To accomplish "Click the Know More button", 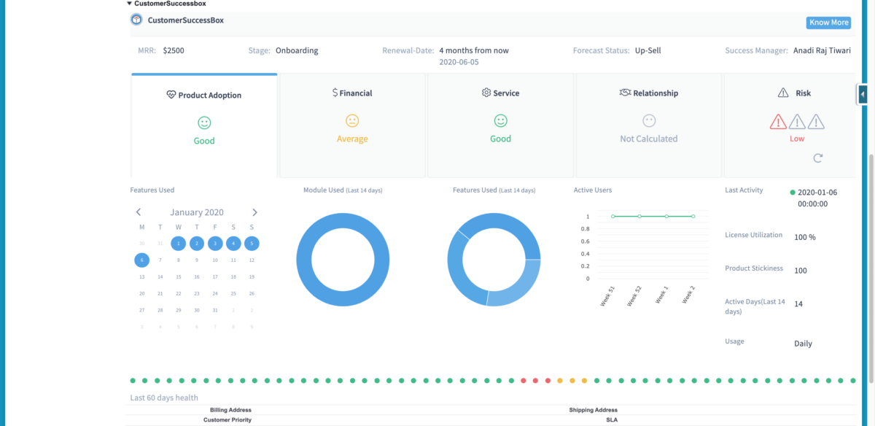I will (828, 23).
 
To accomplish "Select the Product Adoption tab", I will (204, 96).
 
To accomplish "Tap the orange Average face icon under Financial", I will (352, 120).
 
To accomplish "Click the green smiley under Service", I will (500, 120).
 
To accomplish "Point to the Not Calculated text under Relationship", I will (648, 139).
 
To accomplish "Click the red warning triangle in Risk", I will (779, 121).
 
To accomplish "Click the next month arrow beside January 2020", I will (254, 212).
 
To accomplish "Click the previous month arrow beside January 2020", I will (139, 212).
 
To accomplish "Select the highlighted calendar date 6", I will (141, 260).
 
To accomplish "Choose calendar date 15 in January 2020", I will (178, 277).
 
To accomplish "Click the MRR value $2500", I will (174, 51).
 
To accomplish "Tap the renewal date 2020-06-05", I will (459, 63).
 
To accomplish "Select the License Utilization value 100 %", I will (804, 237).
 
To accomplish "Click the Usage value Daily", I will (803, 344).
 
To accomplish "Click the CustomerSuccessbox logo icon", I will (136, 20).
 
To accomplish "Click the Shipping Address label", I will (593, 410).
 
